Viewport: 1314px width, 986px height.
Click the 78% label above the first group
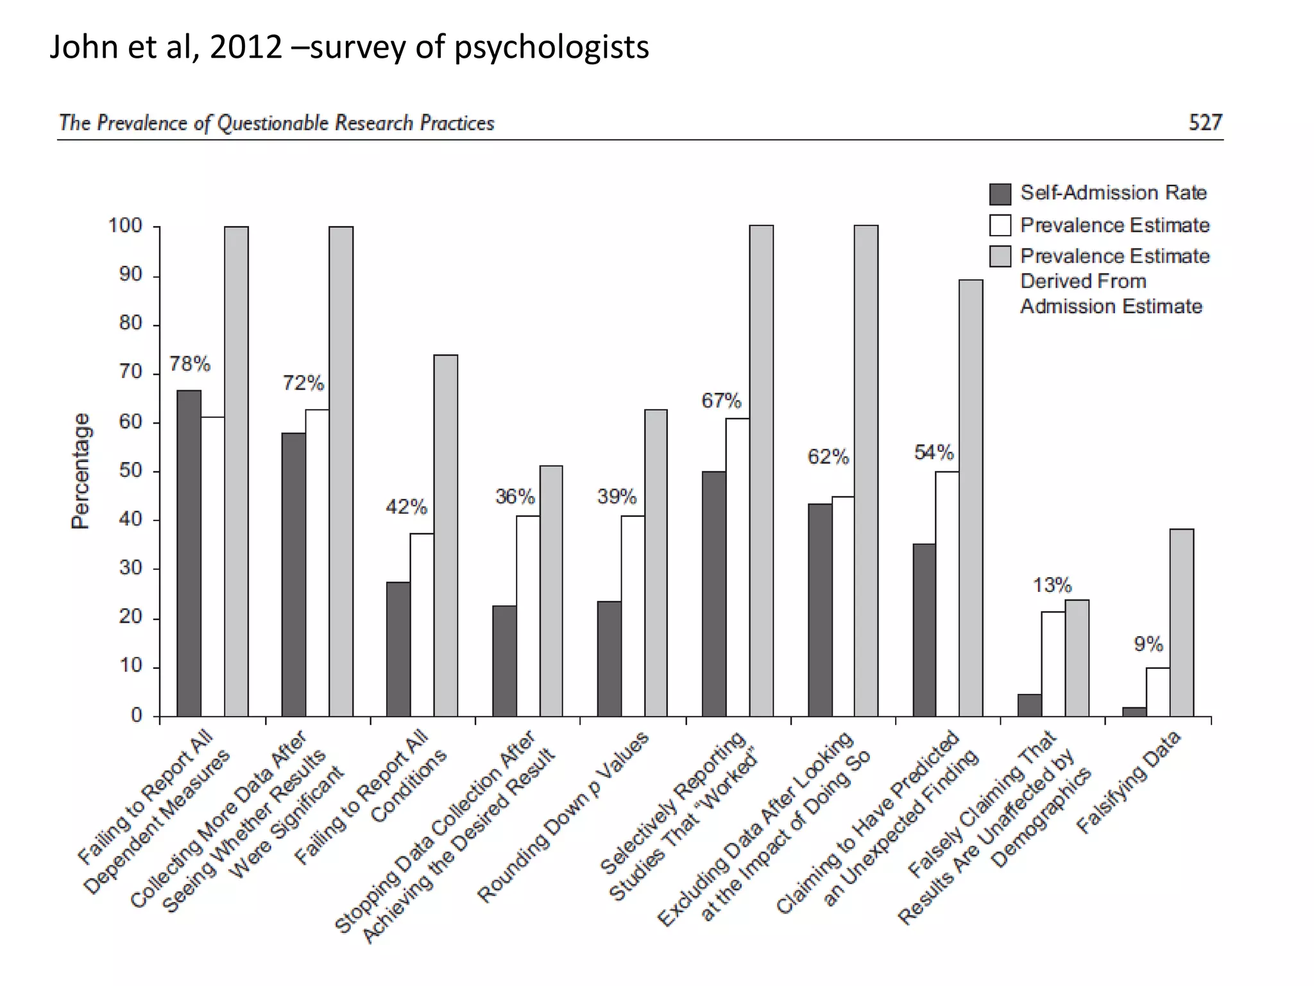click(x=190, y=364)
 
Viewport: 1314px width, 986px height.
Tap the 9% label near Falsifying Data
click(x=1148, y=644)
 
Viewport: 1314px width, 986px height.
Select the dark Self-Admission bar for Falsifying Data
click(x=1134, y=711)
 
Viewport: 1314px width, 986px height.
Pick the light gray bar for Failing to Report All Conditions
click(x=445, y=535)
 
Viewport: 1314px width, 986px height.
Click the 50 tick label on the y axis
click(x=130, y=471)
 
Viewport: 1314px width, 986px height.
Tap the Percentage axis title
click(x=80, y=471)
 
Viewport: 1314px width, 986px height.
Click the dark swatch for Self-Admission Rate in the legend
click(x=1000, y=193)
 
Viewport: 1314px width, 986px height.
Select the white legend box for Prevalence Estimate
click(x=1000, y=225)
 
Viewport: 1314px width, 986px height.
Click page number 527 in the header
click(x=1205, y=122)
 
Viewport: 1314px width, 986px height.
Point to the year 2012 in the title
click(x=246, y=47)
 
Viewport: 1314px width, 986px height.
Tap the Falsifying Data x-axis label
click(x=1129, y=783)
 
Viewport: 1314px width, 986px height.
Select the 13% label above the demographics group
click(x=1052, y=585)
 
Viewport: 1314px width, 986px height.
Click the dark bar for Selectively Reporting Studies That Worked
click(x=714, y=593)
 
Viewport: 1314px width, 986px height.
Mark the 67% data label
click(x=721, y=401)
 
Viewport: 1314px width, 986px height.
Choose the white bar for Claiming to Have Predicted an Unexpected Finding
click(x=947, y=593)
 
